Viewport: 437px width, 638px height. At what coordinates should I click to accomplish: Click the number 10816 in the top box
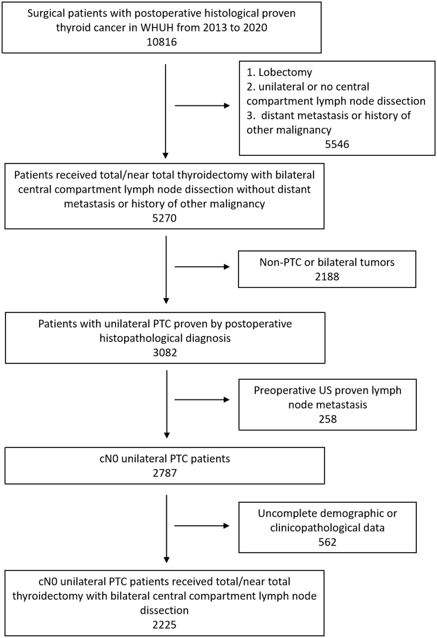click(162, 42)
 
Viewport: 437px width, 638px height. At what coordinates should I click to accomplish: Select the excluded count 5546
click(337, 144)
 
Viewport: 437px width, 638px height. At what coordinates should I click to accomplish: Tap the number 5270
click(164, 218)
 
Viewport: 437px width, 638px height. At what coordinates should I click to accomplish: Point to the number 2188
click(327, 277)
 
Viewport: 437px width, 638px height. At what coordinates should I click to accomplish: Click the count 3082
click(165, 353)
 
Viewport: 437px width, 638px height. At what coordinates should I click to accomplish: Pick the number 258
click(327, 419)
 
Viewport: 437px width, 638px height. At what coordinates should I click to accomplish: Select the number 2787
click(165, 473)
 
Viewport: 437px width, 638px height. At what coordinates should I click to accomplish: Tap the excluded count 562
click(327, 542)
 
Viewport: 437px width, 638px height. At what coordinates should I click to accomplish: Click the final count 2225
click(164, 625)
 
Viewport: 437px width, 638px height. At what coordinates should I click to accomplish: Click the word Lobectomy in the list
click(285, 72)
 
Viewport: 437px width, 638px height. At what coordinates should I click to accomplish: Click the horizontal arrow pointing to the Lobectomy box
click(202, 106)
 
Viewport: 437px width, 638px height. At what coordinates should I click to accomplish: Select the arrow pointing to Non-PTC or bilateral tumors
click(202, 267)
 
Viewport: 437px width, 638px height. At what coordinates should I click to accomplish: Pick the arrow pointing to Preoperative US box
click(202, 400)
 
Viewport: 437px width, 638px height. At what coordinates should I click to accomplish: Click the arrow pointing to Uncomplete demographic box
click(202, 526)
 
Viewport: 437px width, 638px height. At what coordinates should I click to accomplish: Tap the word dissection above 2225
click(164, 610)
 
